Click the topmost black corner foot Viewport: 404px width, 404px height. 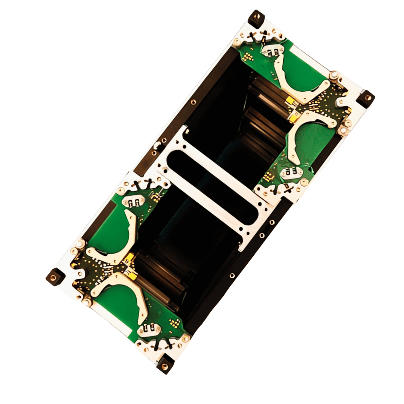pyautogui.click(x=256, y=18)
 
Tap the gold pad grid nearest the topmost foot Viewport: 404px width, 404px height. pyautogui.click(x=248, y=56)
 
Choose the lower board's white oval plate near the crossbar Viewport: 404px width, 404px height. pyautogui.click(x=133, y=201)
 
